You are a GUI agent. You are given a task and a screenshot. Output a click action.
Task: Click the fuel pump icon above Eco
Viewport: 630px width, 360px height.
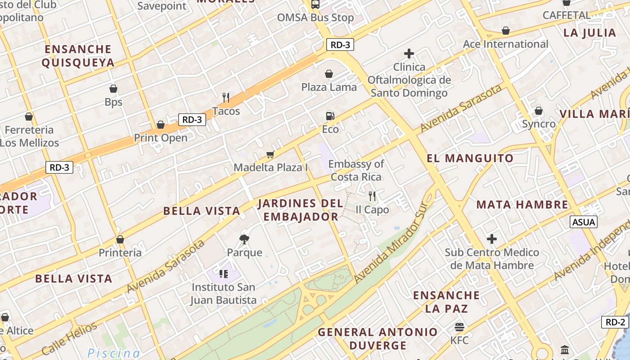[330, 116]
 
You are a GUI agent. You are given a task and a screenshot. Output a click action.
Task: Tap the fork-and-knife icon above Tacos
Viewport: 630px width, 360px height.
[226, 97]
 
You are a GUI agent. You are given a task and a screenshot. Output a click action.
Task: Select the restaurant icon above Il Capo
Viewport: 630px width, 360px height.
[372, 196]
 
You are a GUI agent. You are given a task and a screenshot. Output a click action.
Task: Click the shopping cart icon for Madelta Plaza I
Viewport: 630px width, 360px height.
[270, 154]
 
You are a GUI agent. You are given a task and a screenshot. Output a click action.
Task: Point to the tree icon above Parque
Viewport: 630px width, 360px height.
[244, 239]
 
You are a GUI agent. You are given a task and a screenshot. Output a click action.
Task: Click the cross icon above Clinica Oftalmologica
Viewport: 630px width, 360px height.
[409, 54]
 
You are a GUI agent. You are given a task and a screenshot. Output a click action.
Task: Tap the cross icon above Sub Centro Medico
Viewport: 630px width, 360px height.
[492, 239]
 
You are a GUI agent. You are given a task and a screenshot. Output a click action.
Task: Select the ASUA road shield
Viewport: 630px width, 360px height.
[584, 222]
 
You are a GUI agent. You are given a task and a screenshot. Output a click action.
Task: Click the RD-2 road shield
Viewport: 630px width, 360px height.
[615, 322]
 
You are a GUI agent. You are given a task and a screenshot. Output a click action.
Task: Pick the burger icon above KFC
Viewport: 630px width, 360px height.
[459, 327]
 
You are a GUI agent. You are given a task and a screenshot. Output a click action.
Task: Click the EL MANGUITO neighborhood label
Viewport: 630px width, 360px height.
[470, 158]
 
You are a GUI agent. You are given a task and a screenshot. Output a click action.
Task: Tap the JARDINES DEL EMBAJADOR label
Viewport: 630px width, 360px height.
[301, 210]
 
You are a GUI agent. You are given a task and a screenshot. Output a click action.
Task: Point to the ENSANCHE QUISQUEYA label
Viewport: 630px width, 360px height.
[78, 56]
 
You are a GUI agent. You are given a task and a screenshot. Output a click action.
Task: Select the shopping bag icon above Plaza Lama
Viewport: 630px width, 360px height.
[329, 74]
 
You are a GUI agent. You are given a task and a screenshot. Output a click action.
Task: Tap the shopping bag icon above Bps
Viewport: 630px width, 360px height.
[113, 89]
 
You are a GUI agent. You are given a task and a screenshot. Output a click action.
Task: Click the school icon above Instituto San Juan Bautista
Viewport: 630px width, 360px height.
[224, 274]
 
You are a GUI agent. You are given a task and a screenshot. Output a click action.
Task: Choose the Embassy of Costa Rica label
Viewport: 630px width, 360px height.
[356, 170]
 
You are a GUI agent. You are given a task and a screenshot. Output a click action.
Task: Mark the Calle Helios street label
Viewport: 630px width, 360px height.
[69, 339]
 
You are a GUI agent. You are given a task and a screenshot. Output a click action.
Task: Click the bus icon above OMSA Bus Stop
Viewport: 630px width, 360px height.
[315, 4]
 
